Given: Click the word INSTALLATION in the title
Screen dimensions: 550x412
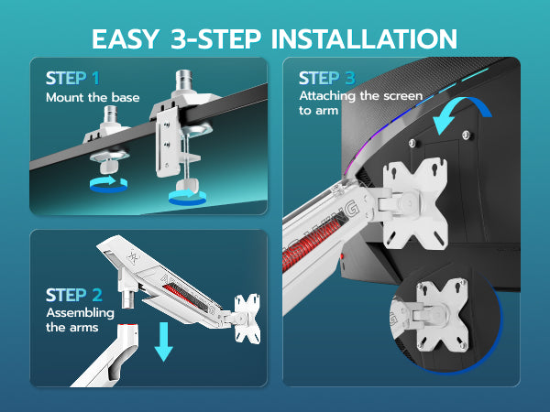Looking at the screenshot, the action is [364, 38].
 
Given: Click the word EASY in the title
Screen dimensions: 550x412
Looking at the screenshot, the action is [126, 38].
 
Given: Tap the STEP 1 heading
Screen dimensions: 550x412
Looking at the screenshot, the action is [72, 78].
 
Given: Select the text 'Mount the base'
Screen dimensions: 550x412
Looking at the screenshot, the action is [93, 97].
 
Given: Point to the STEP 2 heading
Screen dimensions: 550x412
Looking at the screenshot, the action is [74, 295].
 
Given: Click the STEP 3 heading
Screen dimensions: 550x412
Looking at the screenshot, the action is [327, 78].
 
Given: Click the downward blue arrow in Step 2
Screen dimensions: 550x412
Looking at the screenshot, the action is [164, 342].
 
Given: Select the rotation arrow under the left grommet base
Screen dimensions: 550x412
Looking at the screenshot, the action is [108, 184].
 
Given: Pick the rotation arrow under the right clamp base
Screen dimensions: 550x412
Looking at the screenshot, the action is [187, 197].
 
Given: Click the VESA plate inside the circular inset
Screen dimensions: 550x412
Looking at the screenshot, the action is [443, 314].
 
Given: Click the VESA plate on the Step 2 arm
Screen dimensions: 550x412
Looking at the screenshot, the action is [247, 319].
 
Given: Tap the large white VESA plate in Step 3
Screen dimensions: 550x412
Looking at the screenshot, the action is [415, 203].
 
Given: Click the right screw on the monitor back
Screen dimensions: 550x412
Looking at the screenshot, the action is [467, 135].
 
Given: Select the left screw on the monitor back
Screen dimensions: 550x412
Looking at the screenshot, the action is [412, 143].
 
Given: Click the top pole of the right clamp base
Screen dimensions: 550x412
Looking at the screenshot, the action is [183, 81].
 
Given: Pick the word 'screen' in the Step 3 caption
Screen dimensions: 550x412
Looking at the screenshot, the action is [402, 95].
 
